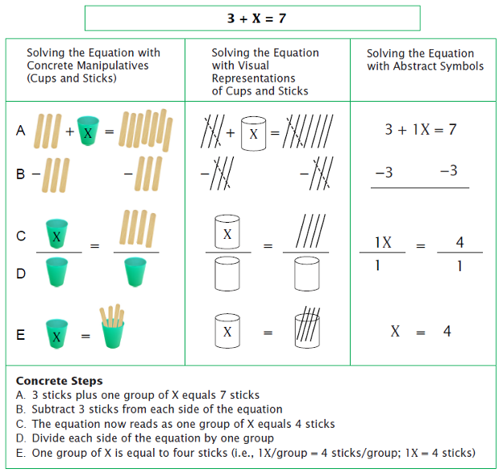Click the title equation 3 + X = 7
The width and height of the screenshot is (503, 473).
click(x=251, y=18)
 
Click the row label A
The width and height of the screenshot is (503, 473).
click(x=21, y=130)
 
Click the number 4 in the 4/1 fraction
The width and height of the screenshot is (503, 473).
click(x=459, y=242)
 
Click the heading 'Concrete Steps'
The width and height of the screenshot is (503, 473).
click(x=59, y=381)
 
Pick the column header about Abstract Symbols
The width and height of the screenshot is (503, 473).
click(x=426, y=60)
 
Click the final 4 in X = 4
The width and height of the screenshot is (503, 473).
click(x=447, y=332)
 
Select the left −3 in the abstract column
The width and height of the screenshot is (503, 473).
click(x=384, y=172)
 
